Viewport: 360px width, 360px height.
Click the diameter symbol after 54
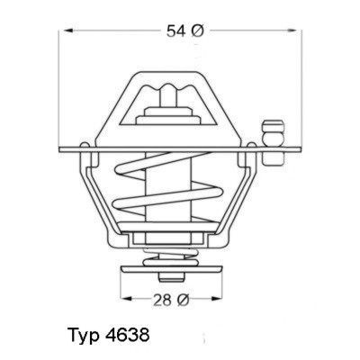tap(200, 31)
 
